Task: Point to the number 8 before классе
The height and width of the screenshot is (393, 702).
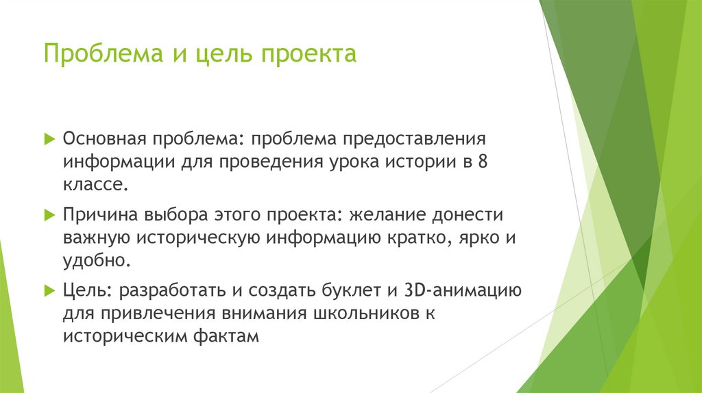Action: pyautogui.click(x=486, y=162)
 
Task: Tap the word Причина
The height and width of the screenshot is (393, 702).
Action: pyautogui.click(x=100, y=215)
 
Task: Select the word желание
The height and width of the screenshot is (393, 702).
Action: pyautogui.click(x=388, y=215)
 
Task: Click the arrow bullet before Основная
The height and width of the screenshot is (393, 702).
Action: pyautogui.click(x=49, y=139)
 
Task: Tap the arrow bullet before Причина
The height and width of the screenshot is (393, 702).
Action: pyautogui.click(x=49, y=215)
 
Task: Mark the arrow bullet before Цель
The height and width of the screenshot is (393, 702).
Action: pyautogui.click(x=49, y=290)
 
